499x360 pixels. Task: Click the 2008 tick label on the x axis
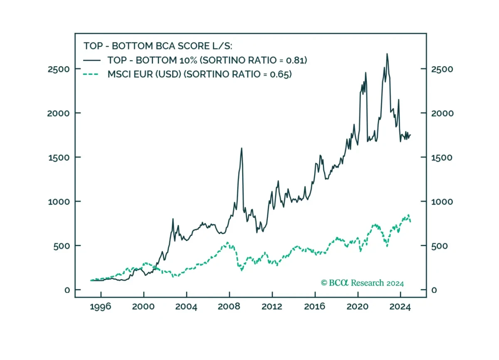[229, 307]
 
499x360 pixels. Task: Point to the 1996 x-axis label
[101, 307]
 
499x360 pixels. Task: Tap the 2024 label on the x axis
[400, 307]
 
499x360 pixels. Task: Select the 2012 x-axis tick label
[272, 307]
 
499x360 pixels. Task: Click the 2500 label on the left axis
[59, 70]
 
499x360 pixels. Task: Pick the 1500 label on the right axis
[442, 158]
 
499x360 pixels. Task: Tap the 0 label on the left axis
[67, 290]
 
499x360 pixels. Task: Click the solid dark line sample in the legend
[92, 60]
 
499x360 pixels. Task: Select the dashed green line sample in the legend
[91, 74]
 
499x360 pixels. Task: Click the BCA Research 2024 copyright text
[362, 283]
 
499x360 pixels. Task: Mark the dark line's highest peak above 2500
[387, 54]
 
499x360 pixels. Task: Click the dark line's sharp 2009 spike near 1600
[242, 148]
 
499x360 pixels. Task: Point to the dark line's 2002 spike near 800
[173, 219]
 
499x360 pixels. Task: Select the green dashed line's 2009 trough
[242, 270]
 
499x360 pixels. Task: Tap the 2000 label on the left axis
[58, 114]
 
